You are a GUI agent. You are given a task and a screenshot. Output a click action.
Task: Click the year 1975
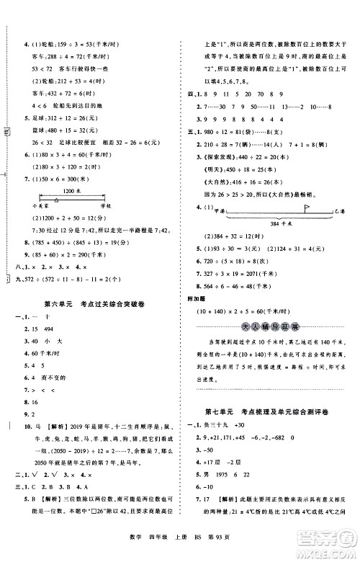point(231,484)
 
